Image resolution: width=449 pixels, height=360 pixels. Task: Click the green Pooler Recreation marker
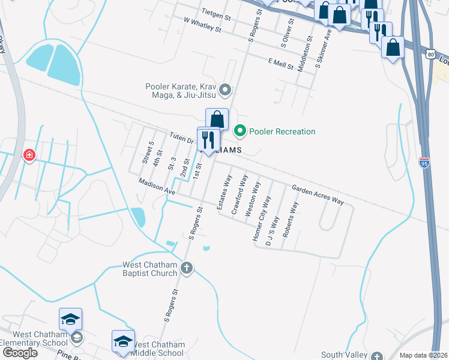click(x=240, y=130)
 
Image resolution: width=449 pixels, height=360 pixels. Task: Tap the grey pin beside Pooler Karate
click(x=226, y=91)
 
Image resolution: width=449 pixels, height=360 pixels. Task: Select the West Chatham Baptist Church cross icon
click(x=187, y=268)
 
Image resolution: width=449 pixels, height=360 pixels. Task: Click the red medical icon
click(x=28, y=156)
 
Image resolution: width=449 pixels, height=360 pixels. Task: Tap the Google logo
click(x=19, y=353)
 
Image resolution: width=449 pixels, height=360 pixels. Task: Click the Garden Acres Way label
click(x=318, y=194)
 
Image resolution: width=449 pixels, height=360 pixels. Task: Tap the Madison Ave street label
click(x=156, y=186)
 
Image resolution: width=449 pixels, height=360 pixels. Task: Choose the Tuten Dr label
click(x=180, y=138)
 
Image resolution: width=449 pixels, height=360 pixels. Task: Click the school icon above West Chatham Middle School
click(x=123, y=341)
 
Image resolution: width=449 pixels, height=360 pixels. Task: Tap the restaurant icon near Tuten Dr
click(x=208, y=140)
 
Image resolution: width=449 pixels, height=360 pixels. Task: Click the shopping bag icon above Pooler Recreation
click(x=217, y=119)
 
